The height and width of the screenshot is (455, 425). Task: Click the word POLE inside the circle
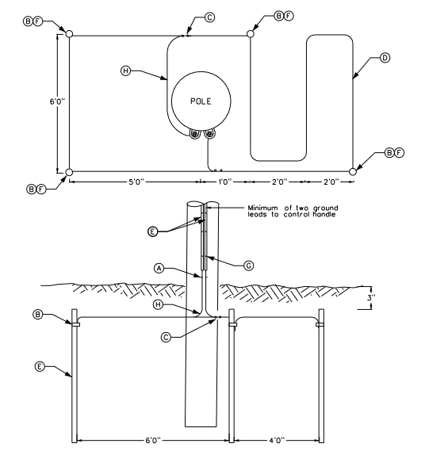pos(201,101)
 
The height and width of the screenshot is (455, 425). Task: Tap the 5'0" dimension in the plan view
pos(136,182)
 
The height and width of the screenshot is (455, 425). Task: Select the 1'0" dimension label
pos(224,182)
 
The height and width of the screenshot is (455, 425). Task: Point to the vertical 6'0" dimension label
pos(57,101)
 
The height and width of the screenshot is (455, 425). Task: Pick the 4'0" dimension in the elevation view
pos(277,441)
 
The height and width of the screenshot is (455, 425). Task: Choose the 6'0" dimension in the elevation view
pos(153,441)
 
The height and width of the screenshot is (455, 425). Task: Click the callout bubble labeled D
pos(385,58)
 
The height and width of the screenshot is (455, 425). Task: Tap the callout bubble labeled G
pos(248,266)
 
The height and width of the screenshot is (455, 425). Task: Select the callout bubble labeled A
pos(159,269)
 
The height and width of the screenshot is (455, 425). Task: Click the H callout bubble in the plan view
pos(126,71)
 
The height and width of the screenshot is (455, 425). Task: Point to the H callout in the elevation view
pos(158,304)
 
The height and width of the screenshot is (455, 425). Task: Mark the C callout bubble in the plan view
pos(209,17)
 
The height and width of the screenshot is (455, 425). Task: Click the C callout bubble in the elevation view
pos(166,337)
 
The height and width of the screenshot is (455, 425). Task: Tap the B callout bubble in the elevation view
pos(38,315)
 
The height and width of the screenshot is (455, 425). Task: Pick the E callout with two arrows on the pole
pos(152,231)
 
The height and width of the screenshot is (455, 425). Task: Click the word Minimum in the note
pos(262,208)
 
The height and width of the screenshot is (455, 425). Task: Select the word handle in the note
pos(324,215)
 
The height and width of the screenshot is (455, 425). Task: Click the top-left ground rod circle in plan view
pos(69,34)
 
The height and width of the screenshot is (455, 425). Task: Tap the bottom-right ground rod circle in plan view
pos(352,171)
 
